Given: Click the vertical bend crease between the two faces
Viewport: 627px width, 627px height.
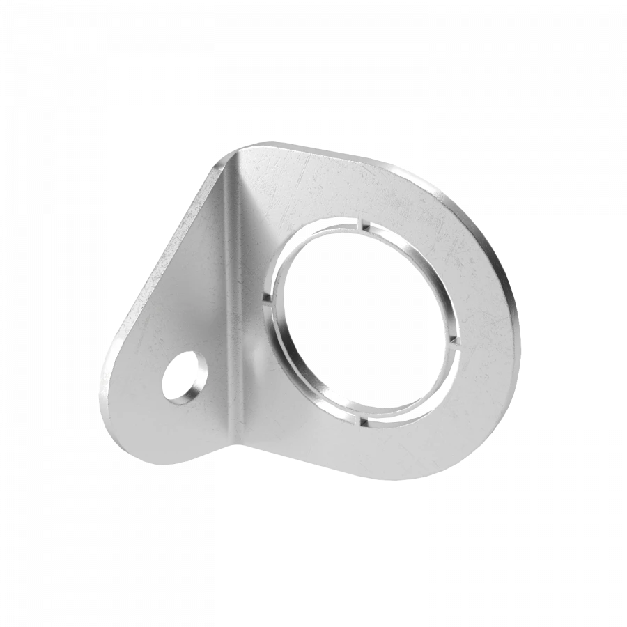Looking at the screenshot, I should point(234,300).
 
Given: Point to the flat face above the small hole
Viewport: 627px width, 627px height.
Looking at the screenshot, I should point(188,307).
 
